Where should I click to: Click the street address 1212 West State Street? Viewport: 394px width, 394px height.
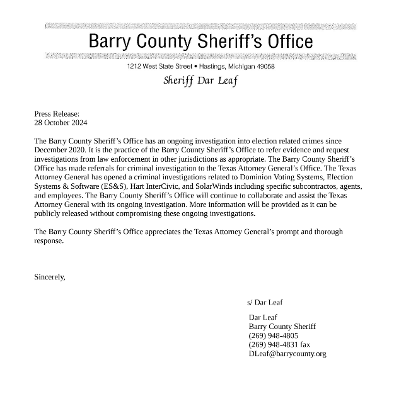tap(159, 67)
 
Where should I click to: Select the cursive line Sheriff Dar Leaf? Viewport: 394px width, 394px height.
tap(200, 81)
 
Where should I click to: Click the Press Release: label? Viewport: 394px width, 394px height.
tap(57, 114)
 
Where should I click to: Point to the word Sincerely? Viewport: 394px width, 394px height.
tap(50, 276)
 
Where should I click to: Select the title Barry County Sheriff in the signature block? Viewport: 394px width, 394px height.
tap(282, 327)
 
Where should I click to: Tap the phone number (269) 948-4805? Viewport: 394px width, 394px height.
tap(274, 335)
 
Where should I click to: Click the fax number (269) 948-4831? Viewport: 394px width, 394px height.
tap(274, 344)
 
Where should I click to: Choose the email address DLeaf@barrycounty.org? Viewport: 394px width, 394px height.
tap(287, 354)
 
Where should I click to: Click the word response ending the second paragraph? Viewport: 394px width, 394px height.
tap(49, 241)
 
